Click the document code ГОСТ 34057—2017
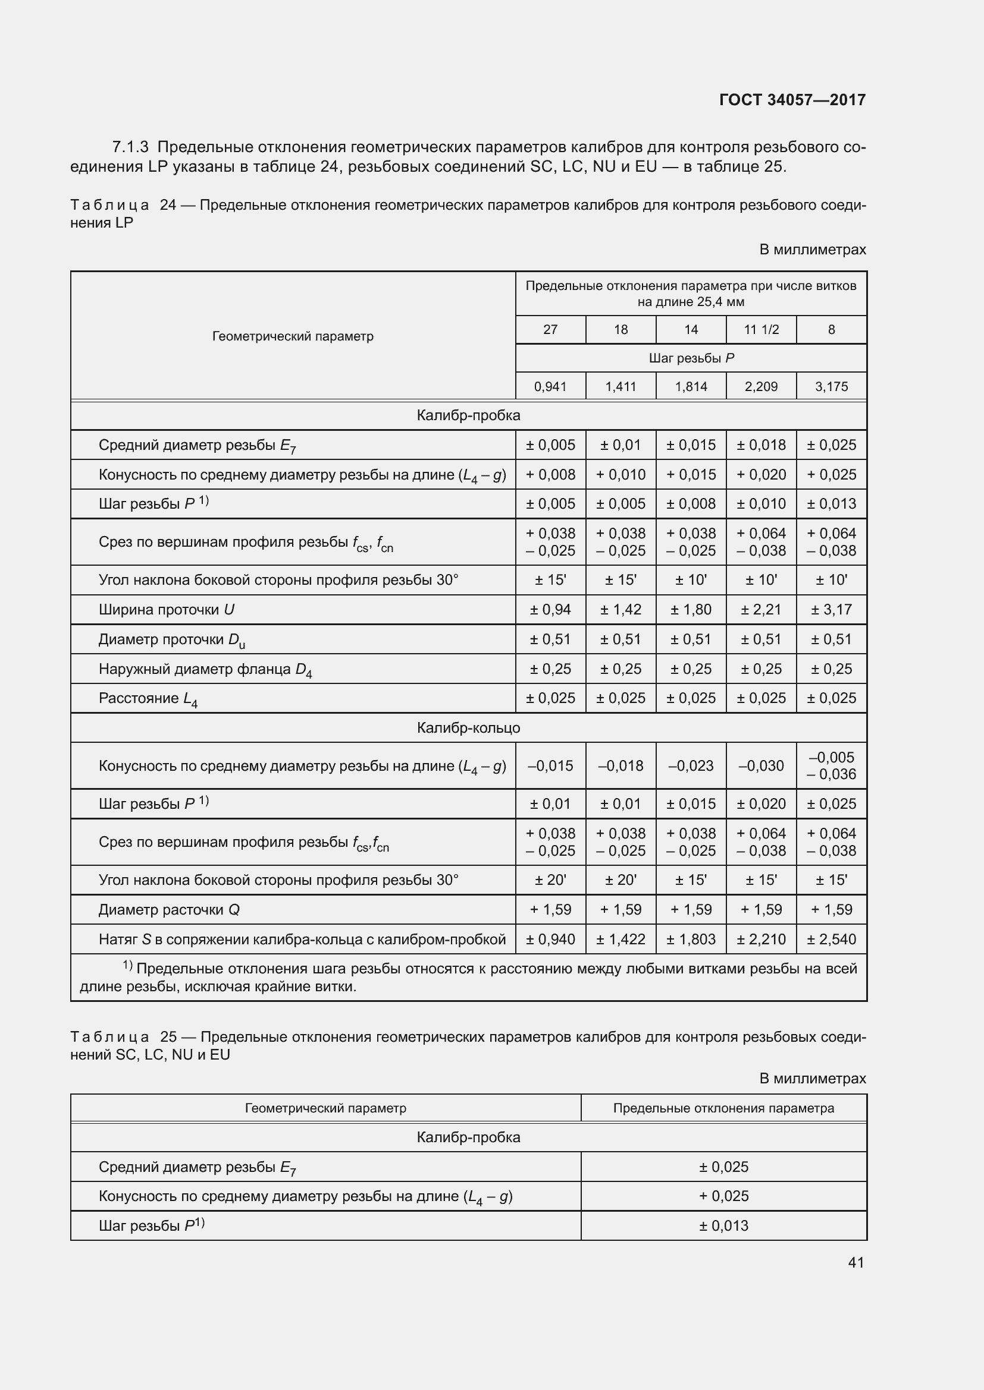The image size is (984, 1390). coord(792,100)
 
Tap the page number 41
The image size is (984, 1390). coord(855,1262)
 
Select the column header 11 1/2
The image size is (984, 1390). coord(761,329)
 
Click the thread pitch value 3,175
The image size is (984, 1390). coord(831,386)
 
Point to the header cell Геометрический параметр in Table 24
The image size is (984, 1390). coord(293,336)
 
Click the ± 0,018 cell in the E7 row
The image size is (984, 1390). coord(761,445)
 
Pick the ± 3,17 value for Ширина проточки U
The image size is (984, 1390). coord(831,610)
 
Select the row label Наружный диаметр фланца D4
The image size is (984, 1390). coord(205,670)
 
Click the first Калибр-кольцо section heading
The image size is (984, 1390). coord(468,728)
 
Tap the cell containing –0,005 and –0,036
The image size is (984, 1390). coord(831,766)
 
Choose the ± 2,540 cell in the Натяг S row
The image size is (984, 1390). coord(831,940)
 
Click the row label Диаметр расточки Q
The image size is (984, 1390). coord(169,910)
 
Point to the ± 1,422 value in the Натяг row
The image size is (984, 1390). coord(621,940)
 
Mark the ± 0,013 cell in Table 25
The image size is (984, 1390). coord(723,1225)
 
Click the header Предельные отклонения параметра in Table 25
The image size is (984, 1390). coord(723,1108)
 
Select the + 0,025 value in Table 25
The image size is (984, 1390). coord(723,1196)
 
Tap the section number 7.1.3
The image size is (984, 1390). coord(130,147)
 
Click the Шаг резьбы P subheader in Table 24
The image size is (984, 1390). coord(691,358)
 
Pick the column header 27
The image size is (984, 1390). coord(550,329)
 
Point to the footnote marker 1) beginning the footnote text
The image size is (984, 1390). coord(127,965)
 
